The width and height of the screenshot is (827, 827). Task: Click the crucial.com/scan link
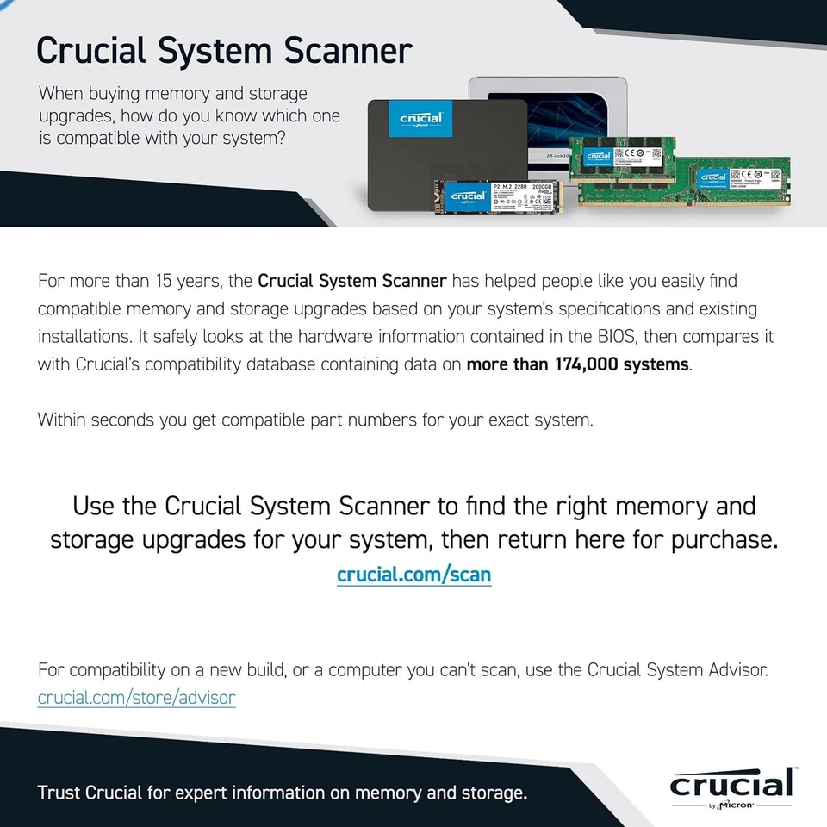(x=413, y=575)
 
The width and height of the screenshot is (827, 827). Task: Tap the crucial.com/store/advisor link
(x=136, y=697)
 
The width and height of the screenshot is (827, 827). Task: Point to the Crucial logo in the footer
(x=731, y=783)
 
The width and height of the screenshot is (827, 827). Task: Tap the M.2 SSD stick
(x=498, y=197)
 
